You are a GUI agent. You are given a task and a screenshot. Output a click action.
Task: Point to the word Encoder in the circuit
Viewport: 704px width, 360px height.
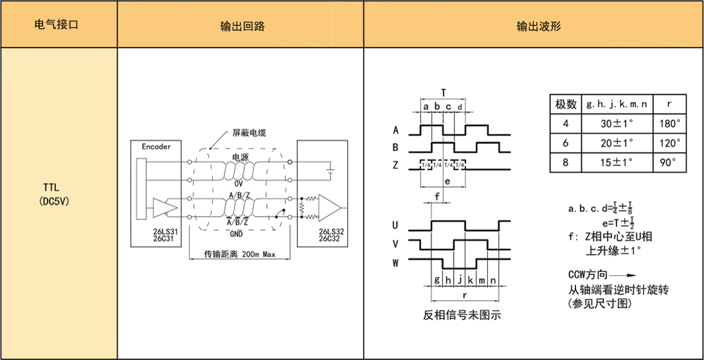(156, 147)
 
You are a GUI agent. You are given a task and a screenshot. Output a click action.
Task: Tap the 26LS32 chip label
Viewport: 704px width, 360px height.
(331, 231)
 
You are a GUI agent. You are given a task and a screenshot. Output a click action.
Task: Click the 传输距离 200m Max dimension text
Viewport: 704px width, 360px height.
(240, 254)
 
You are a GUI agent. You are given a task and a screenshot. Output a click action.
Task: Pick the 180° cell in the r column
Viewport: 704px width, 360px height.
(670, 123)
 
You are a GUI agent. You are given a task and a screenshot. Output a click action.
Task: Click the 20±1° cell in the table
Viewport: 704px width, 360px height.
(617, 143)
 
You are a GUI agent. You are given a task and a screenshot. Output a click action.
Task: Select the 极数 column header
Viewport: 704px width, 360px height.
(565, 105)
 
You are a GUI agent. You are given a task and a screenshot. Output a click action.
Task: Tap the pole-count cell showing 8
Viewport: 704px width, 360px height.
(565, 163)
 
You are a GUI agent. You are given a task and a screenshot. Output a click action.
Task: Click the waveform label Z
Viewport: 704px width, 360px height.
(395, 165)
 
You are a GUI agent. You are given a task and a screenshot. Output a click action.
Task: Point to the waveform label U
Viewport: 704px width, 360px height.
(395, 224)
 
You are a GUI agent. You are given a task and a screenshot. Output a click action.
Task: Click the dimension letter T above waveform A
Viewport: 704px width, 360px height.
(443, 93)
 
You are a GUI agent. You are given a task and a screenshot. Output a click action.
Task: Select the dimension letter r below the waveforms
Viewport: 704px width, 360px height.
(464, 295)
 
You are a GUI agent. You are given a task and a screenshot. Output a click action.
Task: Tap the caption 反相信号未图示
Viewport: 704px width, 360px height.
(462, 315)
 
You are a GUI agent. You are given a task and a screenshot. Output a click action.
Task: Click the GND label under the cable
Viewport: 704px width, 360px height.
(236, 234)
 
